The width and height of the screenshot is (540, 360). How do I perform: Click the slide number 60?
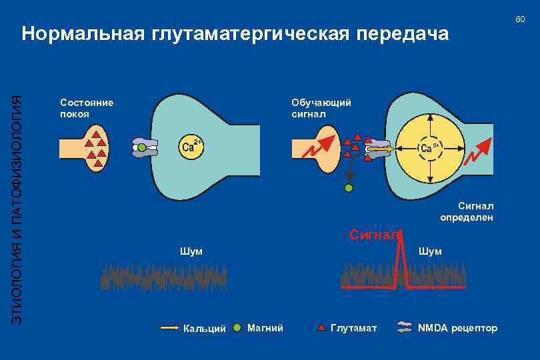pos(520,19)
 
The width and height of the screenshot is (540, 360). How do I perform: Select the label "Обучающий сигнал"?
pos(321,108)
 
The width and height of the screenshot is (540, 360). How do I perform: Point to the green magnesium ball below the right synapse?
pos(349,188)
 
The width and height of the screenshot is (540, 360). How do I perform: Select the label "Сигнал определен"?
pos(467,212)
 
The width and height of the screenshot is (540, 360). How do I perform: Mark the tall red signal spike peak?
pos(401,237)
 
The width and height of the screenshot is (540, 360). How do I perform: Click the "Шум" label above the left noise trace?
pos(191,251)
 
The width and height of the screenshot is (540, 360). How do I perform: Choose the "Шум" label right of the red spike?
pos(429,251)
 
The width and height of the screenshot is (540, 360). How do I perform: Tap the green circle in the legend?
pos(237,327)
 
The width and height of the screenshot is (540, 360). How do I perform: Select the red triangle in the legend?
pos(321,327)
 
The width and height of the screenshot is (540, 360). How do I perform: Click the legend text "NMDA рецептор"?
pos(457,328)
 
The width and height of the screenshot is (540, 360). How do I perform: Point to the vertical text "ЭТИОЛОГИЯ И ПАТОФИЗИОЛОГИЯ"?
pos(18,207)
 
